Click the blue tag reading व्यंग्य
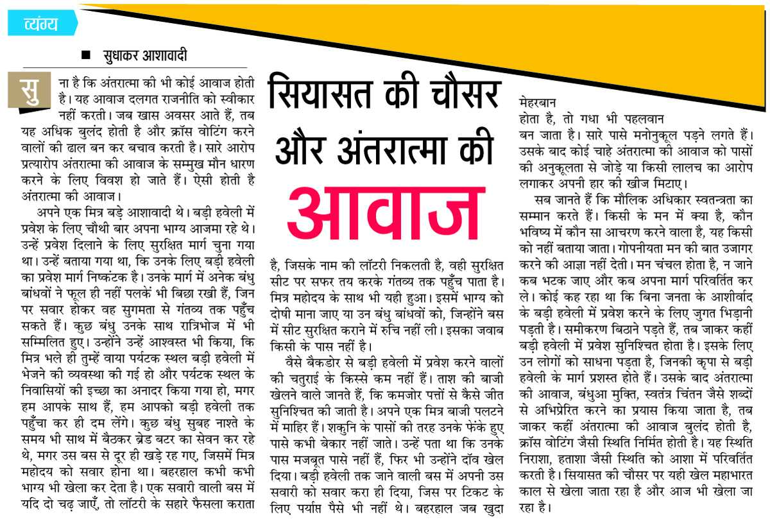point(40,24)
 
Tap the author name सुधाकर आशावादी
point(145,56)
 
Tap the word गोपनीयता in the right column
point(641,247)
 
